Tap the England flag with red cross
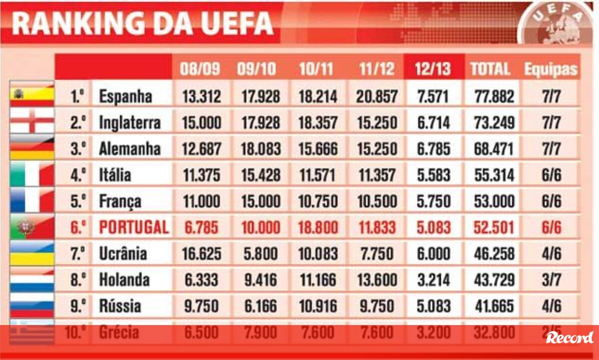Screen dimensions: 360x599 (x=31, y=122)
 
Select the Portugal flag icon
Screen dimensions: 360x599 (x=31, y=228)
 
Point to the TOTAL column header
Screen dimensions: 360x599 (x=490, y=69)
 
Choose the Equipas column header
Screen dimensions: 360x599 (x=550, y=69)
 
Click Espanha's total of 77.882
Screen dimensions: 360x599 (x=494, y=96)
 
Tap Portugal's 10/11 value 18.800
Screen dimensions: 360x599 (x=318, y=228)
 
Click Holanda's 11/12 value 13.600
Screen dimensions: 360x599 (x=377, y=280)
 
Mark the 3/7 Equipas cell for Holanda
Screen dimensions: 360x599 (x=551, y=280)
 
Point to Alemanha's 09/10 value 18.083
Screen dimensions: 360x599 (x=258, y=149)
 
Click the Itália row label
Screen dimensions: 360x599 (x=115, y=175)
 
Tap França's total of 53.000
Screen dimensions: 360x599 (x=494, y=201)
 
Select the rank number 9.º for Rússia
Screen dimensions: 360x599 (x=78, y=306)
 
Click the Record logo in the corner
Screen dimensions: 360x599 (x=570, y=338)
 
